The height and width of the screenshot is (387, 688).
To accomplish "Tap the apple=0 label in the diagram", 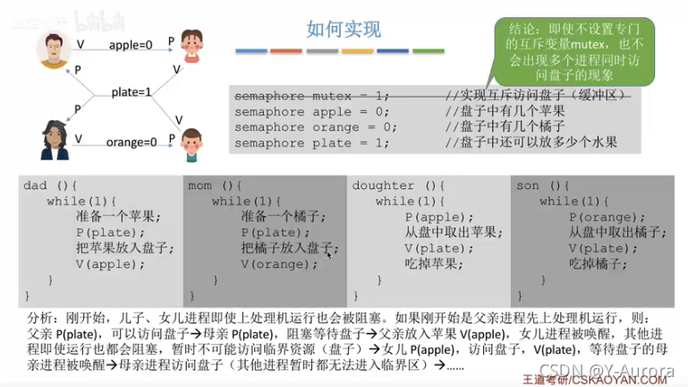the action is tap(132, 44).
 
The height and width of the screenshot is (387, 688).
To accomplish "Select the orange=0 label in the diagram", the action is tap(132, 142).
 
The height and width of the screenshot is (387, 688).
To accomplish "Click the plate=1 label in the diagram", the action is tap(132, 91).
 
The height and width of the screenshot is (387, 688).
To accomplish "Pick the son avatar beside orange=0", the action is tap(191, 143).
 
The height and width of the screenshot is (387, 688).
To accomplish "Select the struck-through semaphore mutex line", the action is tap(312, 96).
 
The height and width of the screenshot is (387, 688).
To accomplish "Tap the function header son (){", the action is tap(542, 186).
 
